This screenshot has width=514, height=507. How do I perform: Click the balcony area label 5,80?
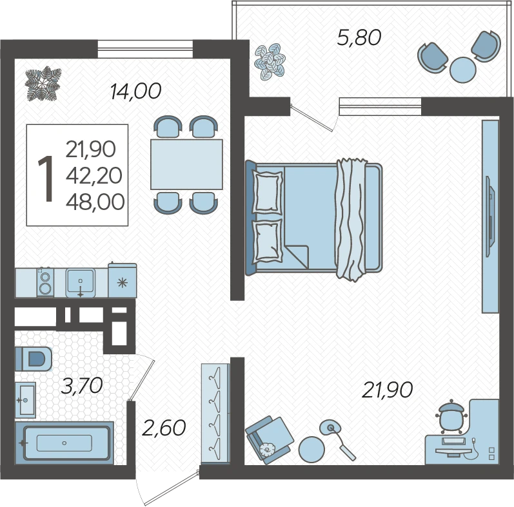tap(359, 37)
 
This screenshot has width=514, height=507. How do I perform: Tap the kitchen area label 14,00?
tap(135, 91)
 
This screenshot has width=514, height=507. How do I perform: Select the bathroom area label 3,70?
tap(82, 385)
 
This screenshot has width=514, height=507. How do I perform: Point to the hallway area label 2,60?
tap(164, 428)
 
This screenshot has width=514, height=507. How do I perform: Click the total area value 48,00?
tap(95, 202)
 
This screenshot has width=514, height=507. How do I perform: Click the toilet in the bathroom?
tap(34, 359)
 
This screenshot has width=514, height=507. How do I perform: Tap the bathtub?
tap(64, 443)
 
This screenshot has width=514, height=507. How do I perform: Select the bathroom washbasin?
tap(26, 400)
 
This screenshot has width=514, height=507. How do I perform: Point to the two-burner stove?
tap(45, 282)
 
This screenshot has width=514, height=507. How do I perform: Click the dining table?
tap(186, 164)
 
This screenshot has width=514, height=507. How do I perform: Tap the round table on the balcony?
tap(463, 70)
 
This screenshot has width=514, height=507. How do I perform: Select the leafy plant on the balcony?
tap(270, 62)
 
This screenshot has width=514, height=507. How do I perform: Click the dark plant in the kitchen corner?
tap(43, 83)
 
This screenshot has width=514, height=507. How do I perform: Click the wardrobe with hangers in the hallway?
tap(215, 414)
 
